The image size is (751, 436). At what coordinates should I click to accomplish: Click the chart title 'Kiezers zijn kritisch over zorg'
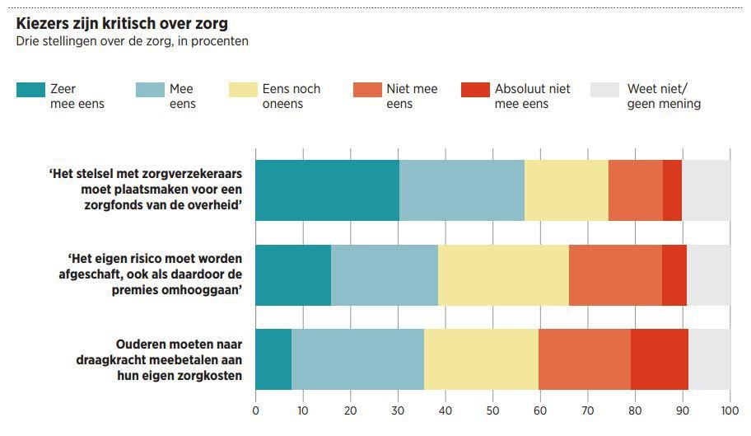[x=122, y=23]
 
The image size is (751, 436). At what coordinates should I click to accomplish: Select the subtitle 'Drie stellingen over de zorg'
[x=91, y=41]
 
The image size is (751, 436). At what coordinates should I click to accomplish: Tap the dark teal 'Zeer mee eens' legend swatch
[x=30, y=89]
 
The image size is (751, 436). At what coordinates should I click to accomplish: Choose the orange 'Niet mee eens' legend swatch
[x=366, y=89]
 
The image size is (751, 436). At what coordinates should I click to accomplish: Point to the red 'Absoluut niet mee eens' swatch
[x=474, y=89]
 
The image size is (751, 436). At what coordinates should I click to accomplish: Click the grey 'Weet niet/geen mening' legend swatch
[x=604, y=89]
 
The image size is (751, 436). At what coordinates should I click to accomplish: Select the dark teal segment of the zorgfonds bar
[x=327, y=190]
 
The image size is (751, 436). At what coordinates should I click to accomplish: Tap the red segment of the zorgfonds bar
[x=672, y=190]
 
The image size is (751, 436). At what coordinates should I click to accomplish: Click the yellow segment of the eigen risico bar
[x=503, y=275]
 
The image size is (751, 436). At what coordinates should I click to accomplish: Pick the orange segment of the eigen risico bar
[x=614, y=275]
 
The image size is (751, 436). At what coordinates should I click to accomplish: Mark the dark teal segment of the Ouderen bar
[x=273, y=359]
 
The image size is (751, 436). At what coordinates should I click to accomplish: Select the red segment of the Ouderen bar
[x=659, y=359]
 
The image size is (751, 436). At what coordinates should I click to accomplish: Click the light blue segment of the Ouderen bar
[x=357, y=359]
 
